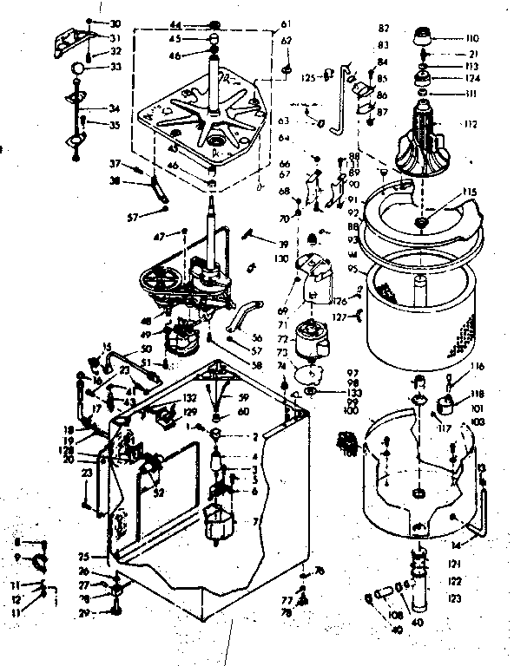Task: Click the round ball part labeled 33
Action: point(77,69)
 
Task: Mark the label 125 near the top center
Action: point(308,78)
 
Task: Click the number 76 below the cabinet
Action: point(320,570)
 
